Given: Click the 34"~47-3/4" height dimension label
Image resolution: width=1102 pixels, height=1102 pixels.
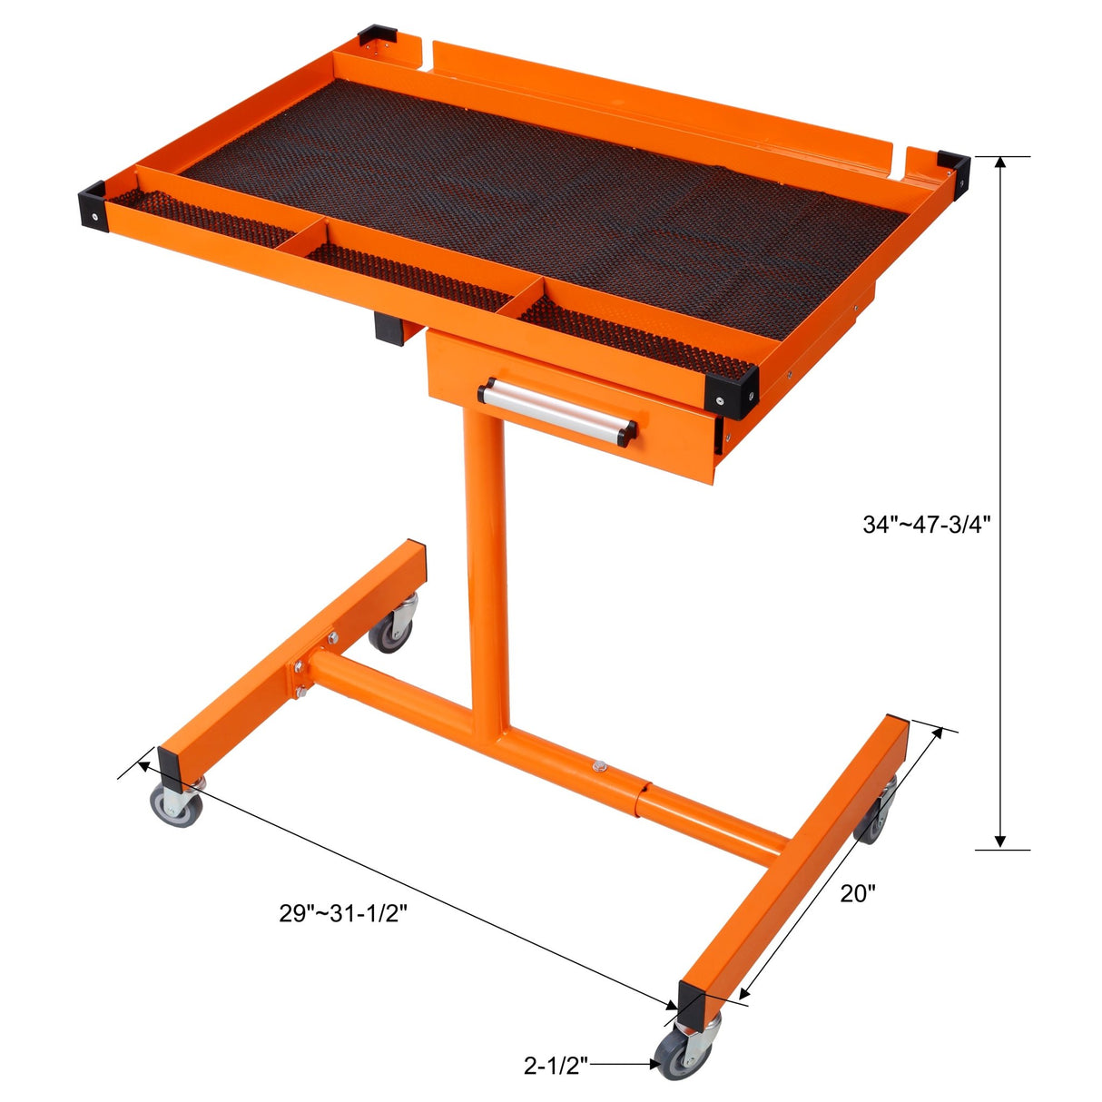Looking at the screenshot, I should pos(926,524).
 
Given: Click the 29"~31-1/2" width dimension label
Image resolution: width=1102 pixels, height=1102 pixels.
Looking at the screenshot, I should pos(343,912).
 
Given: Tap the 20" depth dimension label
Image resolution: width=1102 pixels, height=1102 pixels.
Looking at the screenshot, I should pos(858,893).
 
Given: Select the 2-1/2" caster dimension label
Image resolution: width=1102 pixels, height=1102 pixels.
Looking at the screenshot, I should pos(556,1065).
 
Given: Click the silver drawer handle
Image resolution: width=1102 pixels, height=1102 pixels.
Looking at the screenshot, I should pos(558,410).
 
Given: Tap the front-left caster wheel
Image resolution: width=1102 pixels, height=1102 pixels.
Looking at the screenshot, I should pos(175,803).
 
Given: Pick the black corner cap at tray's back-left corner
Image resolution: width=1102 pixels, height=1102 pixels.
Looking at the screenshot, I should pos(375,39).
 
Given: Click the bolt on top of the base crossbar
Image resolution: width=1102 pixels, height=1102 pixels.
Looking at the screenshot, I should pos(598,767).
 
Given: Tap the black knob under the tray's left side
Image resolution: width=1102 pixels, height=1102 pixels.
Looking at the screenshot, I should pos(389,327).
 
